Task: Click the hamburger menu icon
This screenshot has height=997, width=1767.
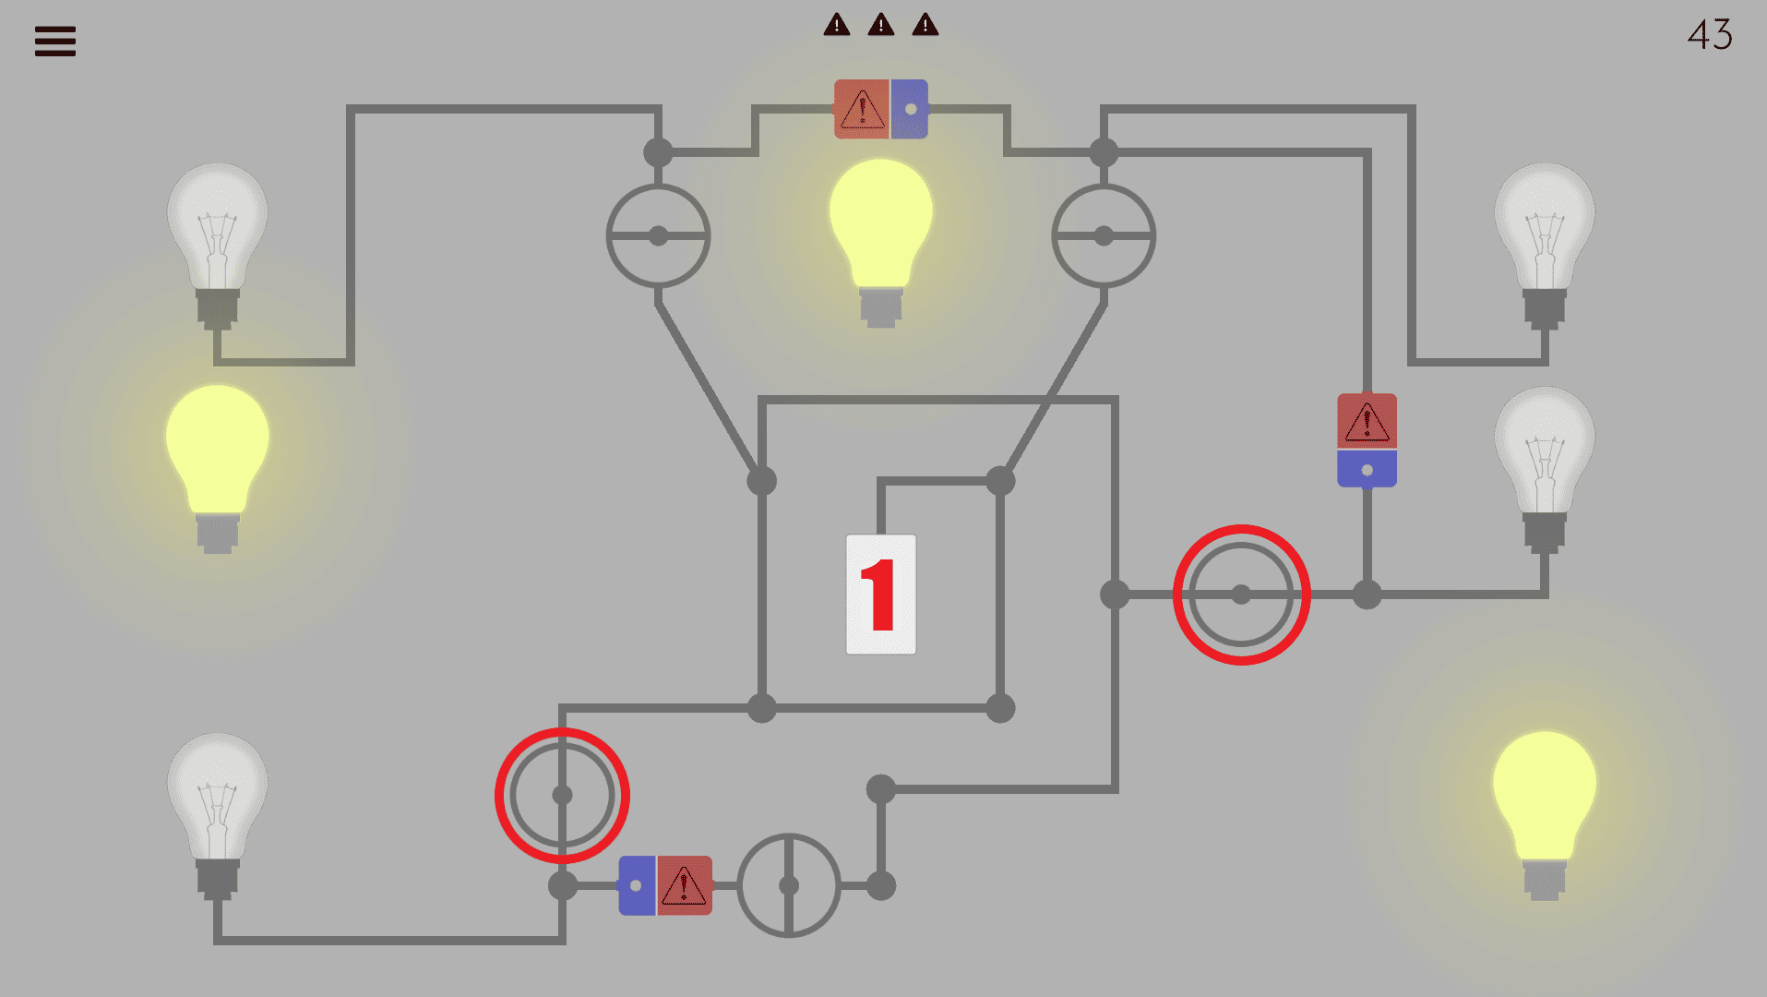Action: [x=55, y=42]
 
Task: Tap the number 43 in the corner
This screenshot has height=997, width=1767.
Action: [x=1709, y=35]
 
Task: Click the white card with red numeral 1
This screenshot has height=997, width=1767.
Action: [x=881, y=595]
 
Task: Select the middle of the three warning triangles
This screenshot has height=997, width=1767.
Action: [x=881, y=25]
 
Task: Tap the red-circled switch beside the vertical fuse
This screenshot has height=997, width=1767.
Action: [x=1241, y=595]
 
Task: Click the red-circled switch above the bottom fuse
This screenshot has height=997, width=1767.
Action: [x=562, y=795]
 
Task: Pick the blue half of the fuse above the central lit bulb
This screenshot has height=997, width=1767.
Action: [x=910, y=109]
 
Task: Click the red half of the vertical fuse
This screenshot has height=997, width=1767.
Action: [x=1367, y=421]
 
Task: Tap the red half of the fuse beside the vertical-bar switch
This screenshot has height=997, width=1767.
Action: [x=685, y=885]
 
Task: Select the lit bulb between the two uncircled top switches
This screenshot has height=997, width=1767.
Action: [x=881, y=235]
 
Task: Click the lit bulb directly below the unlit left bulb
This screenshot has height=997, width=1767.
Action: [x=218, y=462]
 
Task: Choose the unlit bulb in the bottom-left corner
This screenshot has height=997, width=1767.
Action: [x=218, y=808]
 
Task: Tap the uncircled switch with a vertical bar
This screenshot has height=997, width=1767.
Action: [x=789, y=885]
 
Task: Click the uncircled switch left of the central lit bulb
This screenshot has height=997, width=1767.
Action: [x=658, y=236]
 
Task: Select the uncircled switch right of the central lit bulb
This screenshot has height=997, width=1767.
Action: [x=1104, y=236]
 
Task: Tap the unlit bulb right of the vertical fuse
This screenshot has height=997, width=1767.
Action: [x=1544, y=462]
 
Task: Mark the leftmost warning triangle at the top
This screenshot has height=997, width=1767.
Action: [x=837, y=25]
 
